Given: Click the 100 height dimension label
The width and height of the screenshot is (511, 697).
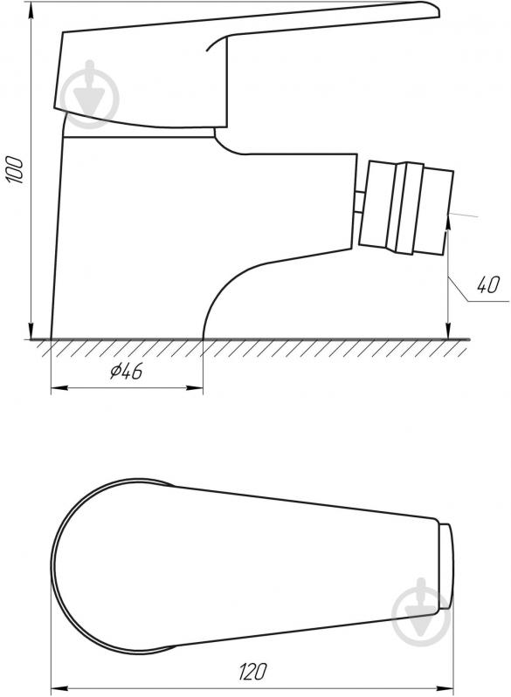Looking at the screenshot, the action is tap(15, 169).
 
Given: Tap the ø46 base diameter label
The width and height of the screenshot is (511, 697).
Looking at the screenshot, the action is tap(127, 371).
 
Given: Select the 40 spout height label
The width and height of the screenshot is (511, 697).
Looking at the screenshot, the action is tap(488, 284).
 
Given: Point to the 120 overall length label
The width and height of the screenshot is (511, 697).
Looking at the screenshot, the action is tap(252, 671).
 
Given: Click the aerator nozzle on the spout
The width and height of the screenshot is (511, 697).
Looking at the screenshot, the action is tap(406, 208).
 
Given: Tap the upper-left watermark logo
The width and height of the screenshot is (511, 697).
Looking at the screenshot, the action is tap(90, 94).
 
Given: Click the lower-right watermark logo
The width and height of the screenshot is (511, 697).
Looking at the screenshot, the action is tap(421, 612).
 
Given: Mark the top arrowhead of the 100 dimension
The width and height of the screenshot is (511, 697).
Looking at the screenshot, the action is tap(31, 10).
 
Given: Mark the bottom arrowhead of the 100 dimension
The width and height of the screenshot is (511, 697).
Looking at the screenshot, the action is tap(31, 331).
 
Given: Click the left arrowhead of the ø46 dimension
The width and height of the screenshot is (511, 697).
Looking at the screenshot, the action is tap(59, 388).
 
